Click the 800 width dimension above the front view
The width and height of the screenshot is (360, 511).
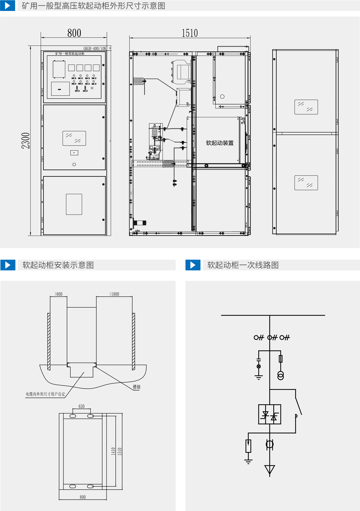[x=74, y=33]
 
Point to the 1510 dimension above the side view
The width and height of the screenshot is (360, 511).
[x=190, y=33]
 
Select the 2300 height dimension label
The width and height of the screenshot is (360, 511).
[x=26, y=140]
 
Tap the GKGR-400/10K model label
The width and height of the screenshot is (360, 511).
[x=95, y=48]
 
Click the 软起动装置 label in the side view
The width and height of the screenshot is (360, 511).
[x=220, y=143]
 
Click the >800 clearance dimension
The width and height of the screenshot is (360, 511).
[x=58, y=294]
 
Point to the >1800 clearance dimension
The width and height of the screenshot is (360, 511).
[x=114, y=294]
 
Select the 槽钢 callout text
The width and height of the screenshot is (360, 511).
[x=136, y=387]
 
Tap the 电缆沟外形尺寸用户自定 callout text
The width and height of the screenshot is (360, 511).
[x=45, y=394]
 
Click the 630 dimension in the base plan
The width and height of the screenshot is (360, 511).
[x=82, y=406]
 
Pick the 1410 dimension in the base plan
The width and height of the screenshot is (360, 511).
[x=113, y=451]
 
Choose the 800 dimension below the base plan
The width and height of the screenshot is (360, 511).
[x=83, y=497]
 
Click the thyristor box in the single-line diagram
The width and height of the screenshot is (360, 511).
[x=269, y=414]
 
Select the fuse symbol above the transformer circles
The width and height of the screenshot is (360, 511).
[x=280, y=359]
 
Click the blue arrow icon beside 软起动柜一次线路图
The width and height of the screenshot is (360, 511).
[x=193, y=265]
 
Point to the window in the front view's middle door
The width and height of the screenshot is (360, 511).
[x=74, y=138]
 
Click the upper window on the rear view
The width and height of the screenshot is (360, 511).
[x=306, y=107]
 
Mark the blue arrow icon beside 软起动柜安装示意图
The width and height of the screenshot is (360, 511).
[x=8, y=265]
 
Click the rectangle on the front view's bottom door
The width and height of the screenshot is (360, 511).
[x=74, y=204]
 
